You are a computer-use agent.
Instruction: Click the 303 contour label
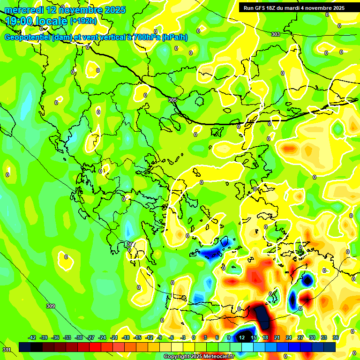276,34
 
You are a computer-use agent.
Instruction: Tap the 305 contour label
172,100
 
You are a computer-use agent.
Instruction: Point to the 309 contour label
51,306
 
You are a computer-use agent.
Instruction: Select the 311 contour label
7,350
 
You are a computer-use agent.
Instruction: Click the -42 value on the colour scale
32,337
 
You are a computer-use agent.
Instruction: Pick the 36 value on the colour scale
336,337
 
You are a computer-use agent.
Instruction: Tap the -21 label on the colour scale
114,337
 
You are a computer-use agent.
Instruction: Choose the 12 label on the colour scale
241,337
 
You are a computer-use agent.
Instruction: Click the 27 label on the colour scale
300,337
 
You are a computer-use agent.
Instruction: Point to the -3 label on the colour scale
184,337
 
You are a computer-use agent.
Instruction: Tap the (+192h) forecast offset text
83,21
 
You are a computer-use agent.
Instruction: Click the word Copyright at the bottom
177,356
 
